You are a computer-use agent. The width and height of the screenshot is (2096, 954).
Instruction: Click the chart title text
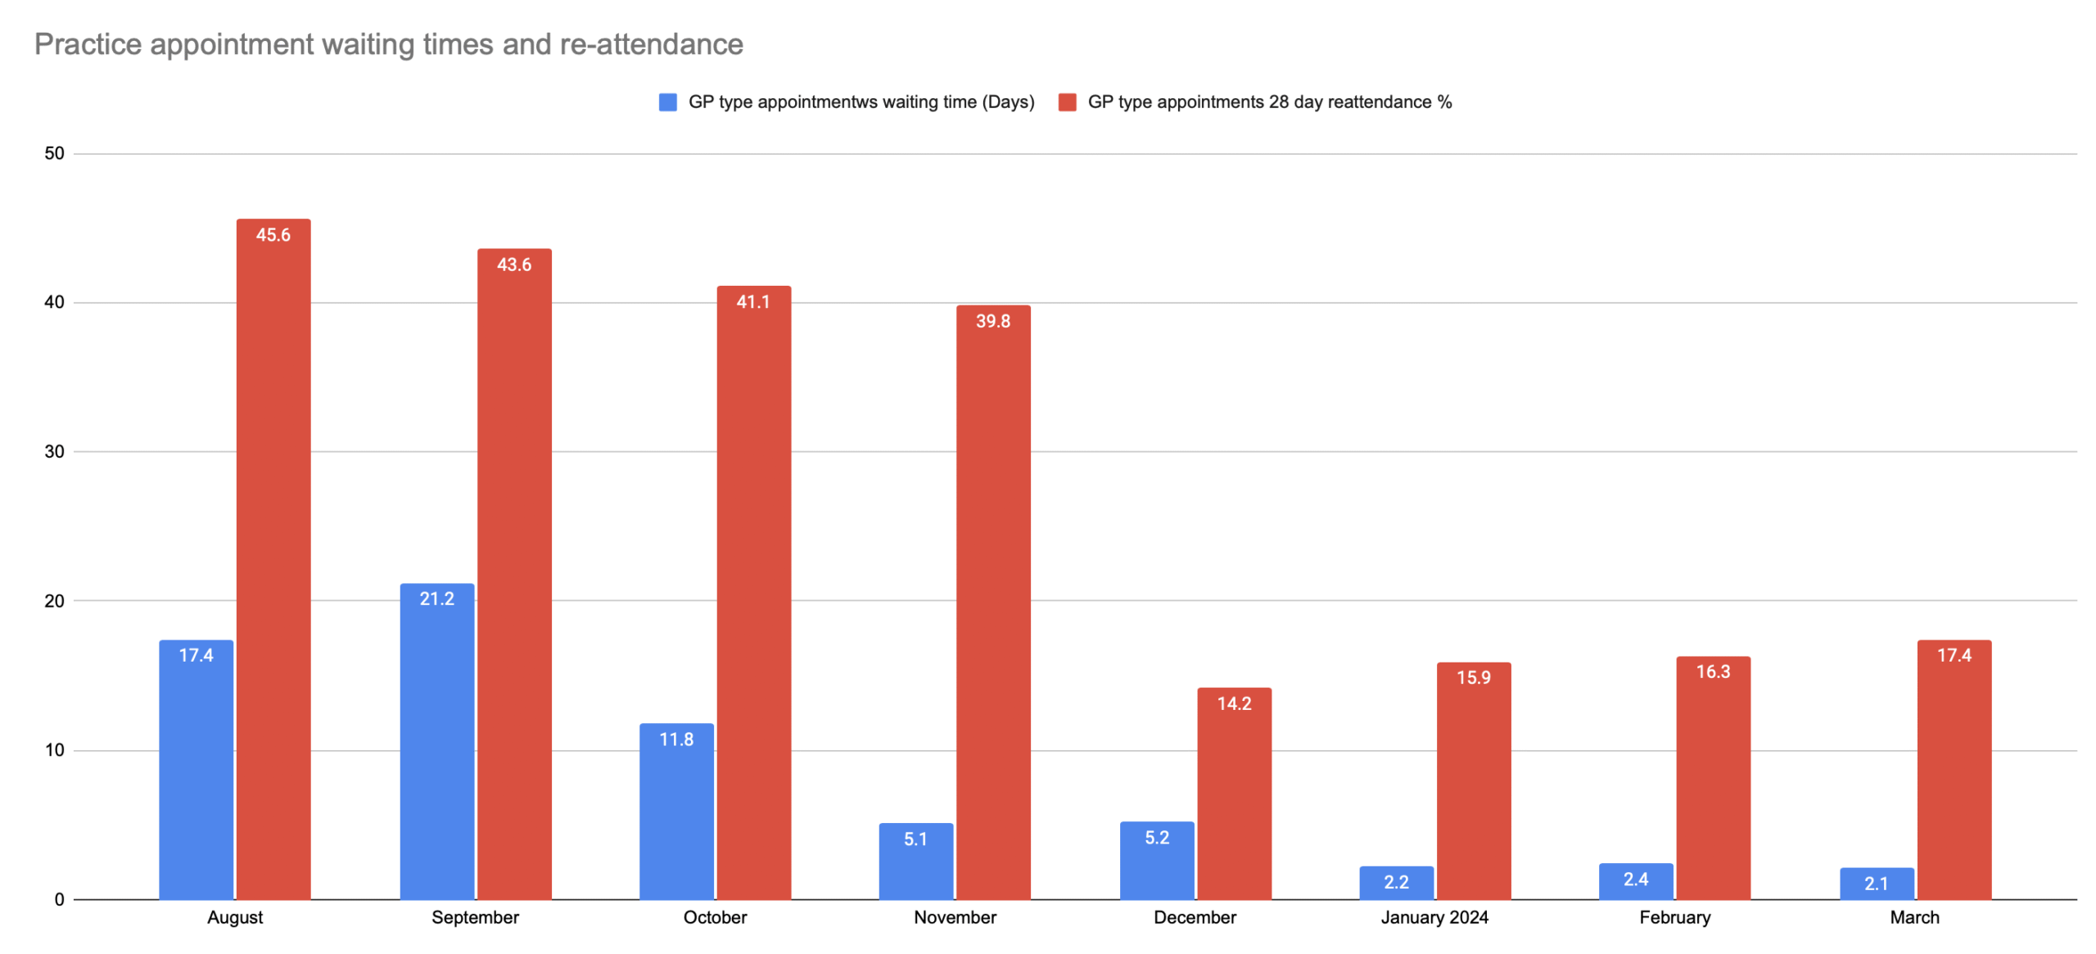point(388,44)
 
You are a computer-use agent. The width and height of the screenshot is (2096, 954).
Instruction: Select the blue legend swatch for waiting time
point(667,102)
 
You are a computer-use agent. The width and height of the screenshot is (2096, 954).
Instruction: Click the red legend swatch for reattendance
point(1067,102)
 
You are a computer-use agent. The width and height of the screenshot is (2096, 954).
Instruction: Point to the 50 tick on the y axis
point(54,153)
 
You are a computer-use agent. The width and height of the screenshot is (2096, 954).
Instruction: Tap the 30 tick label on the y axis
point(54,451)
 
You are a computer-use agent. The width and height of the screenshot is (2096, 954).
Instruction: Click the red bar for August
point(273,565)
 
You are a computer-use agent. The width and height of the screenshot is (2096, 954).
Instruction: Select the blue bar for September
point(436,745)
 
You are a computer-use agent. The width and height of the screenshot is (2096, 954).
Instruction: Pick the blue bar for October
point(676,815)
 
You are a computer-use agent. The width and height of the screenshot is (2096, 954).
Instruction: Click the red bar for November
point(993,606)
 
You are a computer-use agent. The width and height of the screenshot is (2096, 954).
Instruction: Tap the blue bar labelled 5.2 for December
point(1157,864)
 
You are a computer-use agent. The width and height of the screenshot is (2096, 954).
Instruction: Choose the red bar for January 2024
point(1474,786)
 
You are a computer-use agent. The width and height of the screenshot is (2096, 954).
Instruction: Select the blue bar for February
point(1636,884)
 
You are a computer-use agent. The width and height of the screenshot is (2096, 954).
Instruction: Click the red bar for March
point(1954,774)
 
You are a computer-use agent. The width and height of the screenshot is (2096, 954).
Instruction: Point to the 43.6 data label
point(514,264)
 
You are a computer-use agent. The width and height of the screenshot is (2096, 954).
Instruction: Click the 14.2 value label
point(1234,703)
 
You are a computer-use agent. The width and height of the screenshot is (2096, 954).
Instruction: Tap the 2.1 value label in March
point(1876,884)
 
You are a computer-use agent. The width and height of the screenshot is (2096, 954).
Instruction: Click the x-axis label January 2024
point(1434,917)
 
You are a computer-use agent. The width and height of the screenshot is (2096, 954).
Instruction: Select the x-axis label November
point(955,917)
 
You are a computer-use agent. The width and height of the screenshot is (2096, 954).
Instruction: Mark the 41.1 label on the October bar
point(752,301)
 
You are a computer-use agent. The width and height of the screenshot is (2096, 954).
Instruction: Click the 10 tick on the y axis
point(54,750)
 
